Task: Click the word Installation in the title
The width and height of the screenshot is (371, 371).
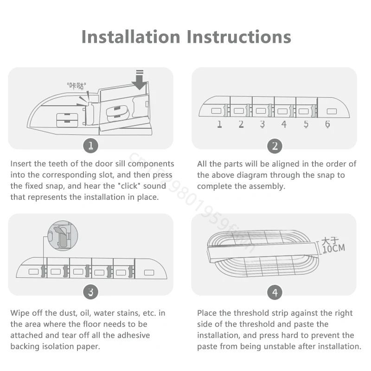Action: coord(131,37)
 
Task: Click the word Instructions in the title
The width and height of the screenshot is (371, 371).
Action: coord(239,37)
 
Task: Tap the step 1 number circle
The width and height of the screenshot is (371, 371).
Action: coord(90,146)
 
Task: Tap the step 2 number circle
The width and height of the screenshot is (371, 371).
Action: coord(275,146)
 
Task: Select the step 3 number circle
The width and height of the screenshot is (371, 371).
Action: coord(90,292)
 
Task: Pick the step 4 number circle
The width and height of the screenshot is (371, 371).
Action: coord(275,293)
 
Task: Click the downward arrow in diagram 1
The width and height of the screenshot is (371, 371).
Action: coord(140,80)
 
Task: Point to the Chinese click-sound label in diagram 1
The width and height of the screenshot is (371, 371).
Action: coord(76,86)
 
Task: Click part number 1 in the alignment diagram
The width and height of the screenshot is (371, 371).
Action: coord(219,124)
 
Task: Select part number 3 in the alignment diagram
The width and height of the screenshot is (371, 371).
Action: coord(262,124)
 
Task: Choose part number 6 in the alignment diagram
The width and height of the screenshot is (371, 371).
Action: coord(327,124)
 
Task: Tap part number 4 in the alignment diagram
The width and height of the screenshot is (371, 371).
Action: coord(284,124)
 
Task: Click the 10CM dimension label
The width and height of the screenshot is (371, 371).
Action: coord(334,249)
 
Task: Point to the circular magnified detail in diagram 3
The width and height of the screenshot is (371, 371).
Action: coord(63,236)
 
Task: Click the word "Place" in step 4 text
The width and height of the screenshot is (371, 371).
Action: coord(207,313)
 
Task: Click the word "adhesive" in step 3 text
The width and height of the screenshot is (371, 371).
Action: coord(134,335)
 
